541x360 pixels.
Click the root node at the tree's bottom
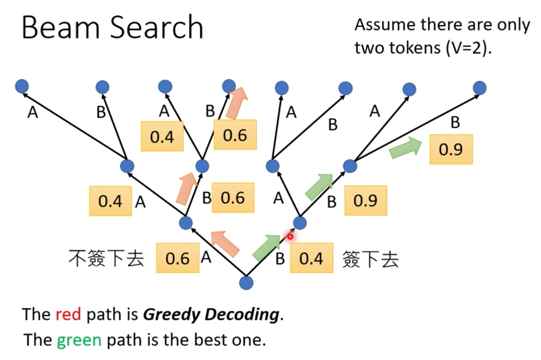pos(246,283)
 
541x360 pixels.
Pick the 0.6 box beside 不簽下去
pos(177,258)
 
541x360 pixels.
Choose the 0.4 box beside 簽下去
pos(311,258)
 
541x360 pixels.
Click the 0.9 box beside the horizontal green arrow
pos(451,149)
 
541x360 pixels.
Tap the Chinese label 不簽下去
pos(107,258)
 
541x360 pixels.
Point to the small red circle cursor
pos(290,236)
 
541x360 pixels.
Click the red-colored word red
pos(68,315)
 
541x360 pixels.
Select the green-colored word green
pos(79,340)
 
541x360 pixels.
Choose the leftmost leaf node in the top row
pos(21,86)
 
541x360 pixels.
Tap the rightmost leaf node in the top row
pos(480,88)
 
